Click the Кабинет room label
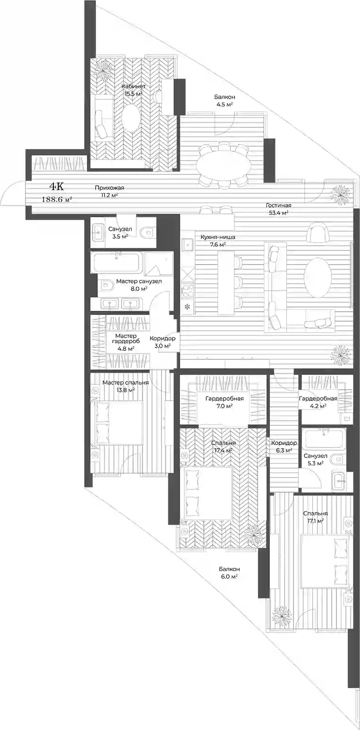coord(134,87)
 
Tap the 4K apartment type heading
coord(57,186)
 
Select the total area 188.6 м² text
coord(57,199)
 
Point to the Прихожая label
coord(109,188)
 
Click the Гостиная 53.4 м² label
coord(278,209)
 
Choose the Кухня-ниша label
coord(213,238)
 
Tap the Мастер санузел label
coord(139,281)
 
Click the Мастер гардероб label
coord(126,339)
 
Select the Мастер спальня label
coord(126,382)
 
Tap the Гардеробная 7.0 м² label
coord(225,402)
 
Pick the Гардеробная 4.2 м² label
coord(318,402)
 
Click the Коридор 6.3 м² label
coord(284,447)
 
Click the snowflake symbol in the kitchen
coord(187,307)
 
